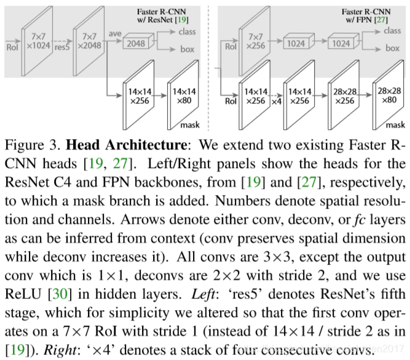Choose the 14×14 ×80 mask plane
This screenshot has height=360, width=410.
pos(183,97)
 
